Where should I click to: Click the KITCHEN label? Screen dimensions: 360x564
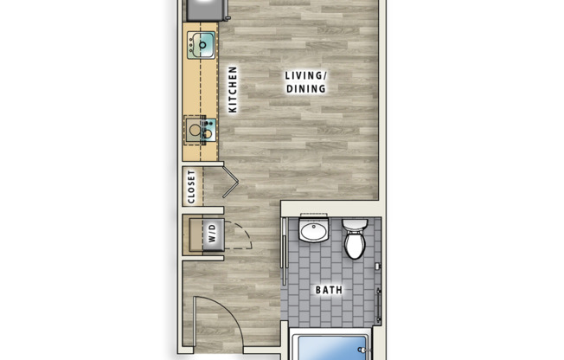click(233, 90)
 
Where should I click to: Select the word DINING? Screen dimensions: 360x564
click(305, 88)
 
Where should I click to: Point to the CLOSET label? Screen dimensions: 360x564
click(192, 187)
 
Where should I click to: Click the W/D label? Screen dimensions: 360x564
click(210, 233)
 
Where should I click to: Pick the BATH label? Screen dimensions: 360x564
click(328, 289)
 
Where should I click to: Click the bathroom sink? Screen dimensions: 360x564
click(312, 232)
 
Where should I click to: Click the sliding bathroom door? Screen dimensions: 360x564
click(285, 251)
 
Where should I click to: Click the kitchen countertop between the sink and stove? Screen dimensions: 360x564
click(202, 87)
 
